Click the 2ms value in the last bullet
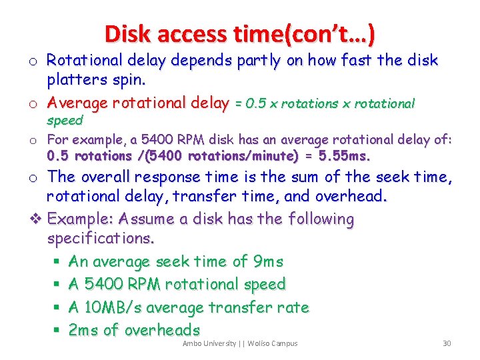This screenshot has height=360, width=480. pyautogui.click(x=83, y=329)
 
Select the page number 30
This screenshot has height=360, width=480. pyautogui.click(x=447, y=343)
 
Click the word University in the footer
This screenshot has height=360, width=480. pyautogui.click(x=219, y=343)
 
